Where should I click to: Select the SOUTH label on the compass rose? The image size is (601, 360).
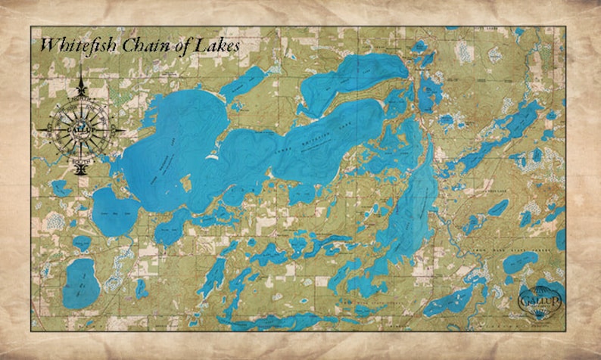coord(81,160)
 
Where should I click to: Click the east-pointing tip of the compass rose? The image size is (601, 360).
coord(123,129)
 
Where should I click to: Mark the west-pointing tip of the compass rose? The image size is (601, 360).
coord(39,129)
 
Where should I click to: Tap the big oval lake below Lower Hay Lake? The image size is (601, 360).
coord(79,284)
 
